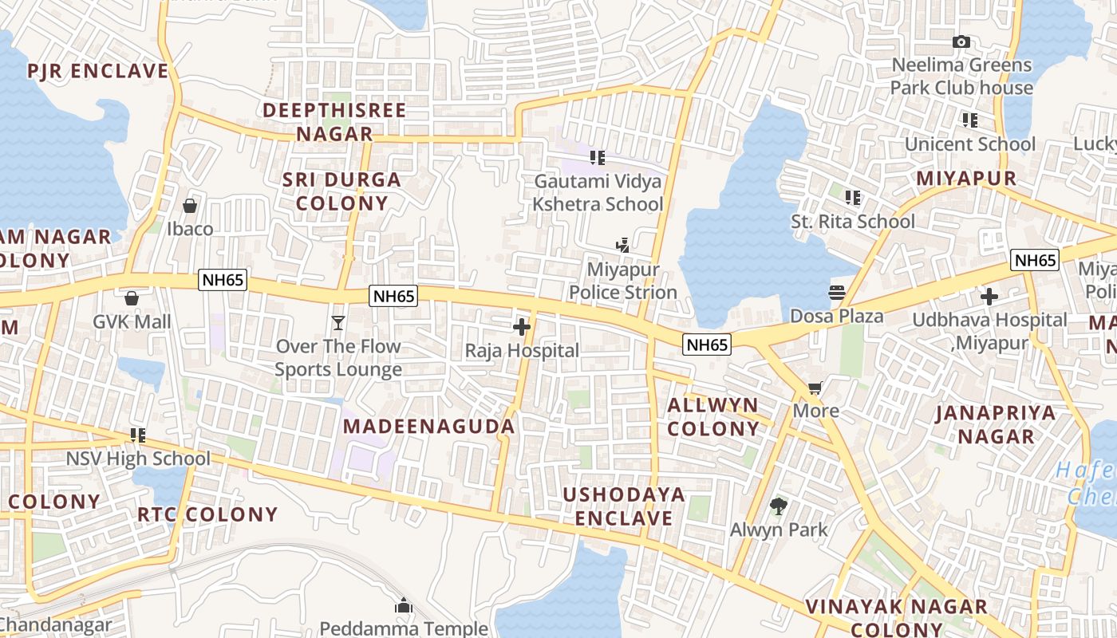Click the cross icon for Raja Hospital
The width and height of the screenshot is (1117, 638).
(x=522, y=327)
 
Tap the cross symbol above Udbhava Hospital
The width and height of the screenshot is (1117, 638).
(x=989, y=297)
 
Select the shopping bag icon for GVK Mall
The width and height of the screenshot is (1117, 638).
(x=132, y=298)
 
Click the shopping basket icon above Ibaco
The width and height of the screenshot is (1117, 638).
(x=190, y=206)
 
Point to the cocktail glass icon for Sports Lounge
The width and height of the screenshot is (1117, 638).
(x=338, y=322)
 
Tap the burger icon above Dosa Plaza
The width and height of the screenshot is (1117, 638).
(x=836, y=293)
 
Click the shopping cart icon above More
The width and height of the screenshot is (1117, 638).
(x=815, y=388)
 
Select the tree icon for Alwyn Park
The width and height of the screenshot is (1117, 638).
(x=779, y=506)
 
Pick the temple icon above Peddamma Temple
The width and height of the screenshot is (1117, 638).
(x=404, y=606)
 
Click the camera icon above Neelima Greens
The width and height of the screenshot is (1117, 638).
(x=961, y=41)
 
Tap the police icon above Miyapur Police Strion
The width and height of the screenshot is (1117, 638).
(x=622, y=246)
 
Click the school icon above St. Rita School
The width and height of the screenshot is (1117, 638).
(x=853, y=197)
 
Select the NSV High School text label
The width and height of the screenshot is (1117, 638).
(x=138, y=459)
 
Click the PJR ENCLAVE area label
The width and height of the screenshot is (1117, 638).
(x=98, y=71)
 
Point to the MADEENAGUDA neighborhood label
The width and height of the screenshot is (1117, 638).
(x=429, y=426)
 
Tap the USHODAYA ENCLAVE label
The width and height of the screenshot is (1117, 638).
(x=624, y=506)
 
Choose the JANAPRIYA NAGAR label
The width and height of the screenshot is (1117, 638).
(x=996, y=424)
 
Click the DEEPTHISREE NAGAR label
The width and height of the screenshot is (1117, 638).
(x=335, y=122)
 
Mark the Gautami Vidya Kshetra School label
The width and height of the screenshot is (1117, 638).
(x=598, y=193)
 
